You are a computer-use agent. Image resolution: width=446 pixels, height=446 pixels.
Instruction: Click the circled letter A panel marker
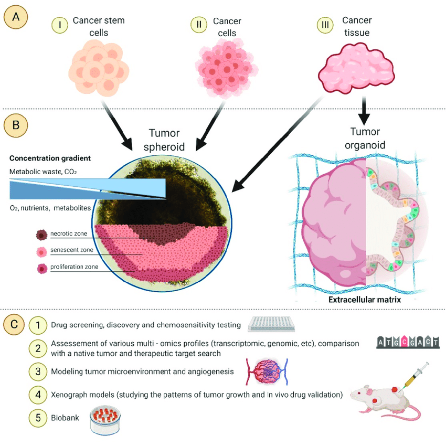(x=15, y=17)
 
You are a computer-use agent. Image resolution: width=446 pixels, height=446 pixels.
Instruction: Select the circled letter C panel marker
(x=15, y=324)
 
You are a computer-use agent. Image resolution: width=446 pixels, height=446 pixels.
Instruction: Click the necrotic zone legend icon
(x=41, y=235)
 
